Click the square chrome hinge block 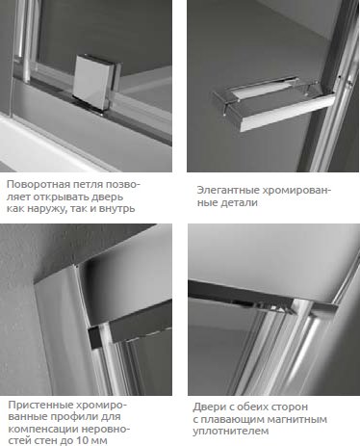coord(97,84)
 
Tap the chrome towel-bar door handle coord(272,103)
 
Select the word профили coord(78,417)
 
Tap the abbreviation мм coord(100,441)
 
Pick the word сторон coord(290,407)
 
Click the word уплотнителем coord(231,432)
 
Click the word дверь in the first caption coord(108,197)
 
